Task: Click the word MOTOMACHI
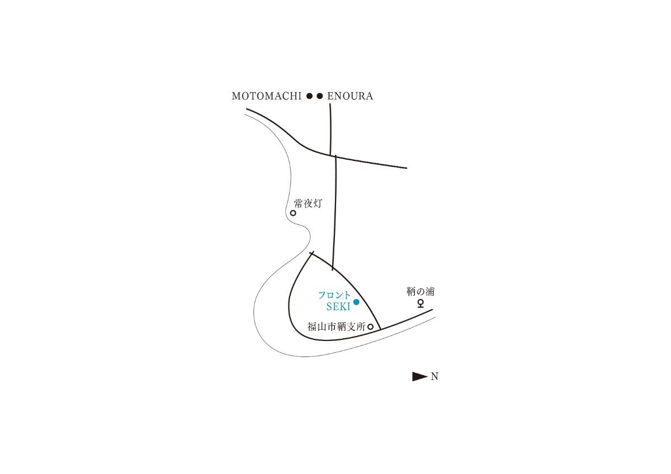click(267, 96)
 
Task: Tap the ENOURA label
click(350, 96)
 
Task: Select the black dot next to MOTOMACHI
click(310, 96)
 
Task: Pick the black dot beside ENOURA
click(320, 96)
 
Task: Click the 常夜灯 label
click(308, 204)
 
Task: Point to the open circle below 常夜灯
click(293, 213)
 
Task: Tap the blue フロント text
click(334, 295)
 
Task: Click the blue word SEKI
click(338, 307)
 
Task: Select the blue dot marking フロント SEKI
click(356, 302)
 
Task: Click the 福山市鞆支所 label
click(337, 327)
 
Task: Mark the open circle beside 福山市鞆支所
click(371, 327)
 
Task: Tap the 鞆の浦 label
click(420, 291)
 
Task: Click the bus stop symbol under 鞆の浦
click(421, 304)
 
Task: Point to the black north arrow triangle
click(420, 376)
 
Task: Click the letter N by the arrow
click(434, 376)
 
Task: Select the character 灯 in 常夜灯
click(318, 204)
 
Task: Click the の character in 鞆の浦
click(420, 292)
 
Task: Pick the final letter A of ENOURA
click(370, 96)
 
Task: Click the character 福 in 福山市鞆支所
click(312, 327)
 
